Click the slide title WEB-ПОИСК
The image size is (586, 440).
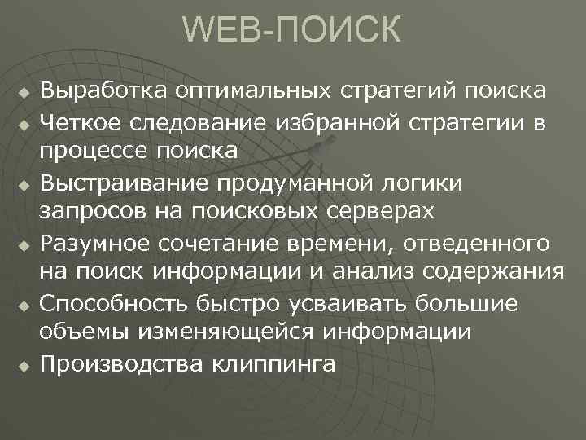(x=292, y=31)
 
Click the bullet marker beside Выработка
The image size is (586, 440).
(x=24, y=91)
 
